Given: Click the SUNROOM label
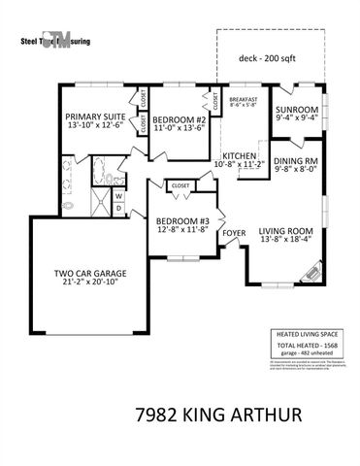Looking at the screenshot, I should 295,110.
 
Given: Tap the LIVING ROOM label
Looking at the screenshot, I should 287,230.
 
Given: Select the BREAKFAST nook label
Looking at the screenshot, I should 244,99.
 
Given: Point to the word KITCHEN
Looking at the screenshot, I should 239,155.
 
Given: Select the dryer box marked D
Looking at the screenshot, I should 117,207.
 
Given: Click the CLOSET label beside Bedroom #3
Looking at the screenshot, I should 180,185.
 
